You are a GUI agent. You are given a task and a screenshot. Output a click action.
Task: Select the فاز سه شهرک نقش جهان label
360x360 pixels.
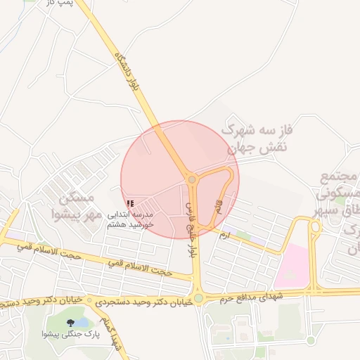pos(257,139)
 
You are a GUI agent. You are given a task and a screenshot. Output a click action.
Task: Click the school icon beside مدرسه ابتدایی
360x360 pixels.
pos(130,203)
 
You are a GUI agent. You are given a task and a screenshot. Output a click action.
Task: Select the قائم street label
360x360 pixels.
pos(217,207)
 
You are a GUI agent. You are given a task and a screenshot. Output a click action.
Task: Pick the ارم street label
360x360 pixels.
pos(224,233)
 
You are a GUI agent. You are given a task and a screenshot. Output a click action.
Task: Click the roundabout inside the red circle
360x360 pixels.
pos(192,180)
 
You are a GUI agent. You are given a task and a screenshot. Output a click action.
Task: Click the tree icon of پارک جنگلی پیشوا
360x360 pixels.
pos(70,323)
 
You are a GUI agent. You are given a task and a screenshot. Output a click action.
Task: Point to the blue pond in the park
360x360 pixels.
pos(82,322)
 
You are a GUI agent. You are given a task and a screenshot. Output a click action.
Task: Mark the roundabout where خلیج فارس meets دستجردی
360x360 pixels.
pos(198,298)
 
